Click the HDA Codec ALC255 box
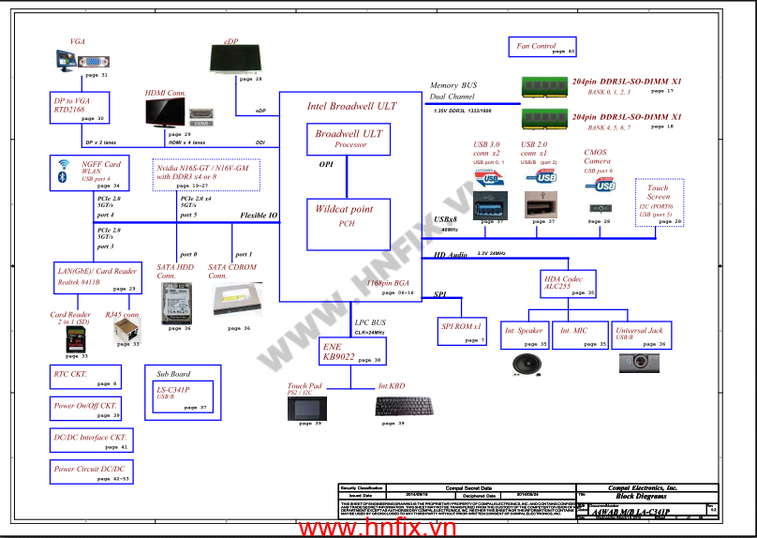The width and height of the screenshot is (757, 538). [x=570, y=284]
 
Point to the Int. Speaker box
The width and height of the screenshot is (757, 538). [x=526, y=336]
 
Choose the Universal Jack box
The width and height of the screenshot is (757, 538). [x=640, y=336]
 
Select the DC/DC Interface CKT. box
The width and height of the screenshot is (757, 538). [x=91, y=440]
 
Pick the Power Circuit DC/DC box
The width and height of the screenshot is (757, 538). [x=91, y=471]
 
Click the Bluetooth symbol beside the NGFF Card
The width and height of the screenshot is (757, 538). [x=65, y=175]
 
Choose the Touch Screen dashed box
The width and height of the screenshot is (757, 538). [x=659, y=202]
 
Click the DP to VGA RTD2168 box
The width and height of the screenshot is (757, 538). [x=80, y=108]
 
